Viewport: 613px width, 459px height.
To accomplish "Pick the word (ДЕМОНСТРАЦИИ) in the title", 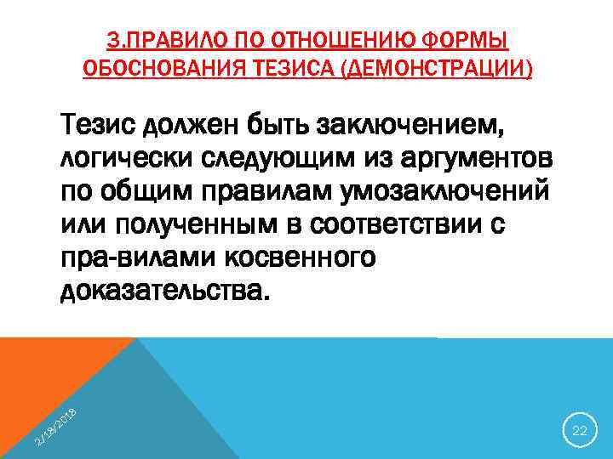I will pyautogui.click(x=435, y=68).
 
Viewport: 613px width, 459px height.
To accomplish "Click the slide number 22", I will pyautogui.click(x=580, y=431).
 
